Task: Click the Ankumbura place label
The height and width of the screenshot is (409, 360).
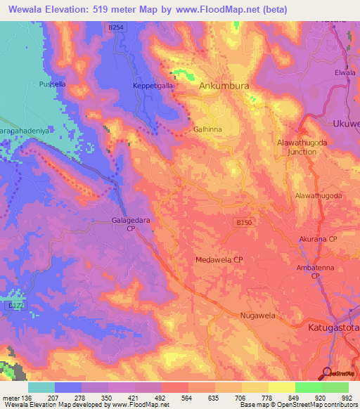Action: tap(224, 86)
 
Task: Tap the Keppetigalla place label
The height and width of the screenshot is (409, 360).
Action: tap(153, 86)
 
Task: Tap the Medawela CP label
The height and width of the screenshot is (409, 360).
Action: tap(219, 259)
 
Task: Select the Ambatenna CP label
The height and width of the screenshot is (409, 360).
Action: tap(316, 272)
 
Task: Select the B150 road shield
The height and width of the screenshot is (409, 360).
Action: tap(243, 222)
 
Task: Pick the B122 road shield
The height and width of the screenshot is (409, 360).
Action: tap(15, 306)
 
